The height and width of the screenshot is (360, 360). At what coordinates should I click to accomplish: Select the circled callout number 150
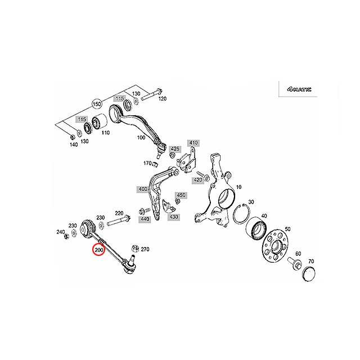pos(96,105)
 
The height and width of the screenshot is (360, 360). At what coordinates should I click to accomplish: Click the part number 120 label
pos(163,99)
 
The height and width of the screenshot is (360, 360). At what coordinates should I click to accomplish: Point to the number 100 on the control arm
pos(141,137)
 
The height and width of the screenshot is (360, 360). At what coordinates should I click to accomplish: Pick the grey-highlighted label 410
pos(194,142)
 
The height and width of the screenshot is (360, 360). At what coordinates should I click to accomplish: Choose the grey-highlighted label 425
pos(175,148)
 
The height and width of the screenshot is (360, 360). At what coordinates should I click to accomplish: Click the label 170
pos(148,164)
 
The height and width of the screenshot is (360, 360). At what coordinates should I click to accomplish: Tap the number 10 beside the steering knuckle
pos(238,187)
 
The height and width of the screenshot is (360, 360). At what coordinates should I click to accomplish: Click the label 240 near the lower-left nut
pos(61,231)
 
